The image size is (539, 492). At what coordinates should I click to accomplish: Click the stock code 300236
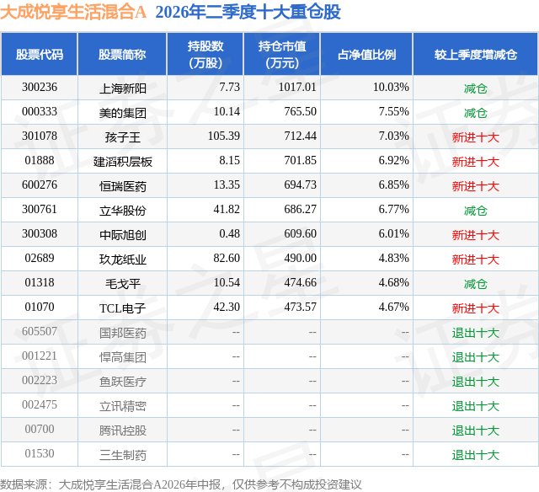click(x=40, y=88)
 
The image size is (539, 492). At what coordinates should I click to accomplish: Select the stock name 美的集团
click(x=123, y=113)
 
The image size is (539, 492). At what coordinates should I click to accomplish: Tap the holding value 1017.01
click(x=297, y=88)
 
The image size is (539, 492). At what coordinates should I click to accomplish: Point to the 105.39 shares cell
click(x=224, y=136)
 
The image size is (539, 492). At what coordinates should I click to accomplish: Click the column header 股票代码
click(x=40, y=55)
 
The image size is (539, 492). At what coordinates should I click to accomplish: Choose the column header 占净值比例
click(x=367, y=55)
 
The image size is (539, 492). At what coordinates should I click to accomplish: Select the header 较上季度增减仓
click(x=476, y=55)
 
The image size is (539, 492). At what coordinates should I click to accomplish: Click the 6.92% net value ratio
click(x=394, y=161)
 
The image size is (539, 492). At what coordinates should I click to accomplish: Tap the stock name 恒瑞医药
click(x=123, y=186)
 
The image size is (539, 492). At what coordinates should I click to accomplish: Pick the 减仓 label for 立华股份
click(x=476, y=211)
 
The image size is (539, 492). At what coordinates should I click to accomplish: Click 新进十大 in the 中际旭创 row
click(x=476, y=235)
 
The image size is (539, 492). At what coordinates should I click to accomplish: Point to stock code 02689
click(x=40, y=258)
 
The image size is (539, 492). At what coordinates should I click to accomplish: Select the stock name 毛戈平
click(x=123, y=284)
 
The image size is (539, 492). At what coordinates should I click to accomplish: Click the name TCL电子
click(x=123, y=308)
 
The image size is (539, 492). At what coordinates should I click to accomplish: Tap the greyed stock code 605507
click(x=40, y=331)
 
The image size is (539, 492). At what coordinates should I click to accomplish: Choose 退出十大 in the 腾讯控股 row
click(x=476, y=430)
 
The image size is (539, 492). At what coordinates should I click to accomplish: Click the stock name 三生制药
click(x=123, y=455)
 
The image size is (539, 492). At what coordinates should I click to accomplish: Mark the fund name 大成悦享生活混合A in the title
click(x=73, y=12)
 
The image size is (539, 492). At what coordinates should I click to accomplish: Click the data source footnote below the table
click(x=181, y=484)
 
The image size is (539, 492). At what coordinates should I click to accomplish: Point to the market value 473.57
click(x=300, y=307)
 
